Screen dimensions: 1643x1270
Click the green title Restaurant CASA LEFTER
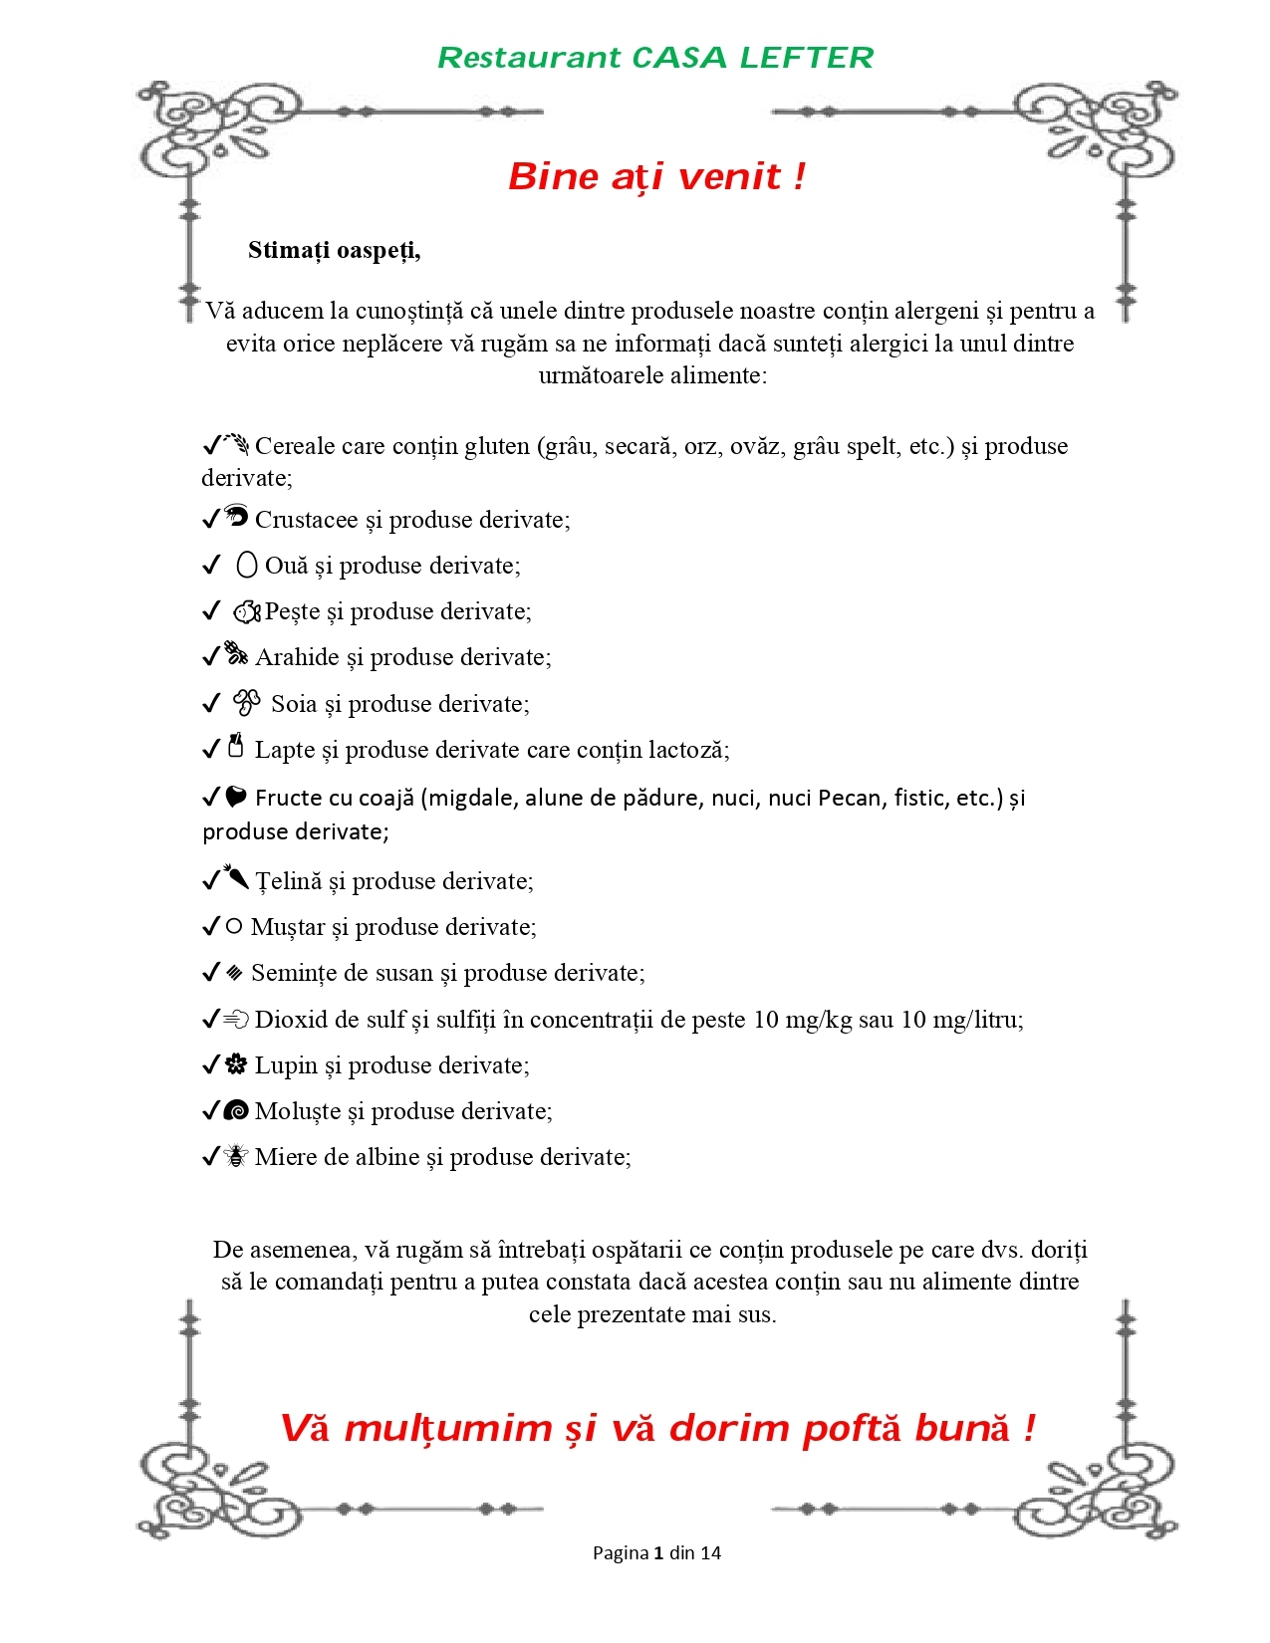pos(655,58)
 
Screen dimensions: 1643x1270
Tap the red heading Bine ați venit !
pos(656,176)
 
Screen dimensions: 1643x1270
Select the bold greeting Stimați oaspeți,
pos(335,250)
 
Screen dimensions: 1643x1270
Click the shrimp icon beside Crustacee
pos(236,516)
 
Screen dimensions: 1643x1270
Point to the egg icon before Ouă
pos(247,566)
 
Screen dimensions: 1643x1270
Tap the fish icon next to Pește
pos(247,611)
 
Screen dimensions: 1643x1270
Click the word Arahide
pos(297,657)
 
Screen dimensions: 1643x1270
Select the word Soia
pos(294,704)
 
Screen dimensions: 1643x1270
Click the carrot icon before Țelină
pos(236,877)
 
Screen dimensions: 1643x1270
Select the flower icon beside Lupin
pos(236,1064)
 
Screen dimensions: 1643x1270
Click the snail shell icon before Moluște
pos(236,1110)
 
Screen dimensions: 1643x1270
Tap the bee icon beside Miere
pos(236,1156)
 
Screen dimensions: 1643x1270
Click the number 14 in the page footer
pos(710,1552)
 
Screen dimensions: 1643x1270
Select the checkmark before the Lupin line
pos(210,1064)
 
